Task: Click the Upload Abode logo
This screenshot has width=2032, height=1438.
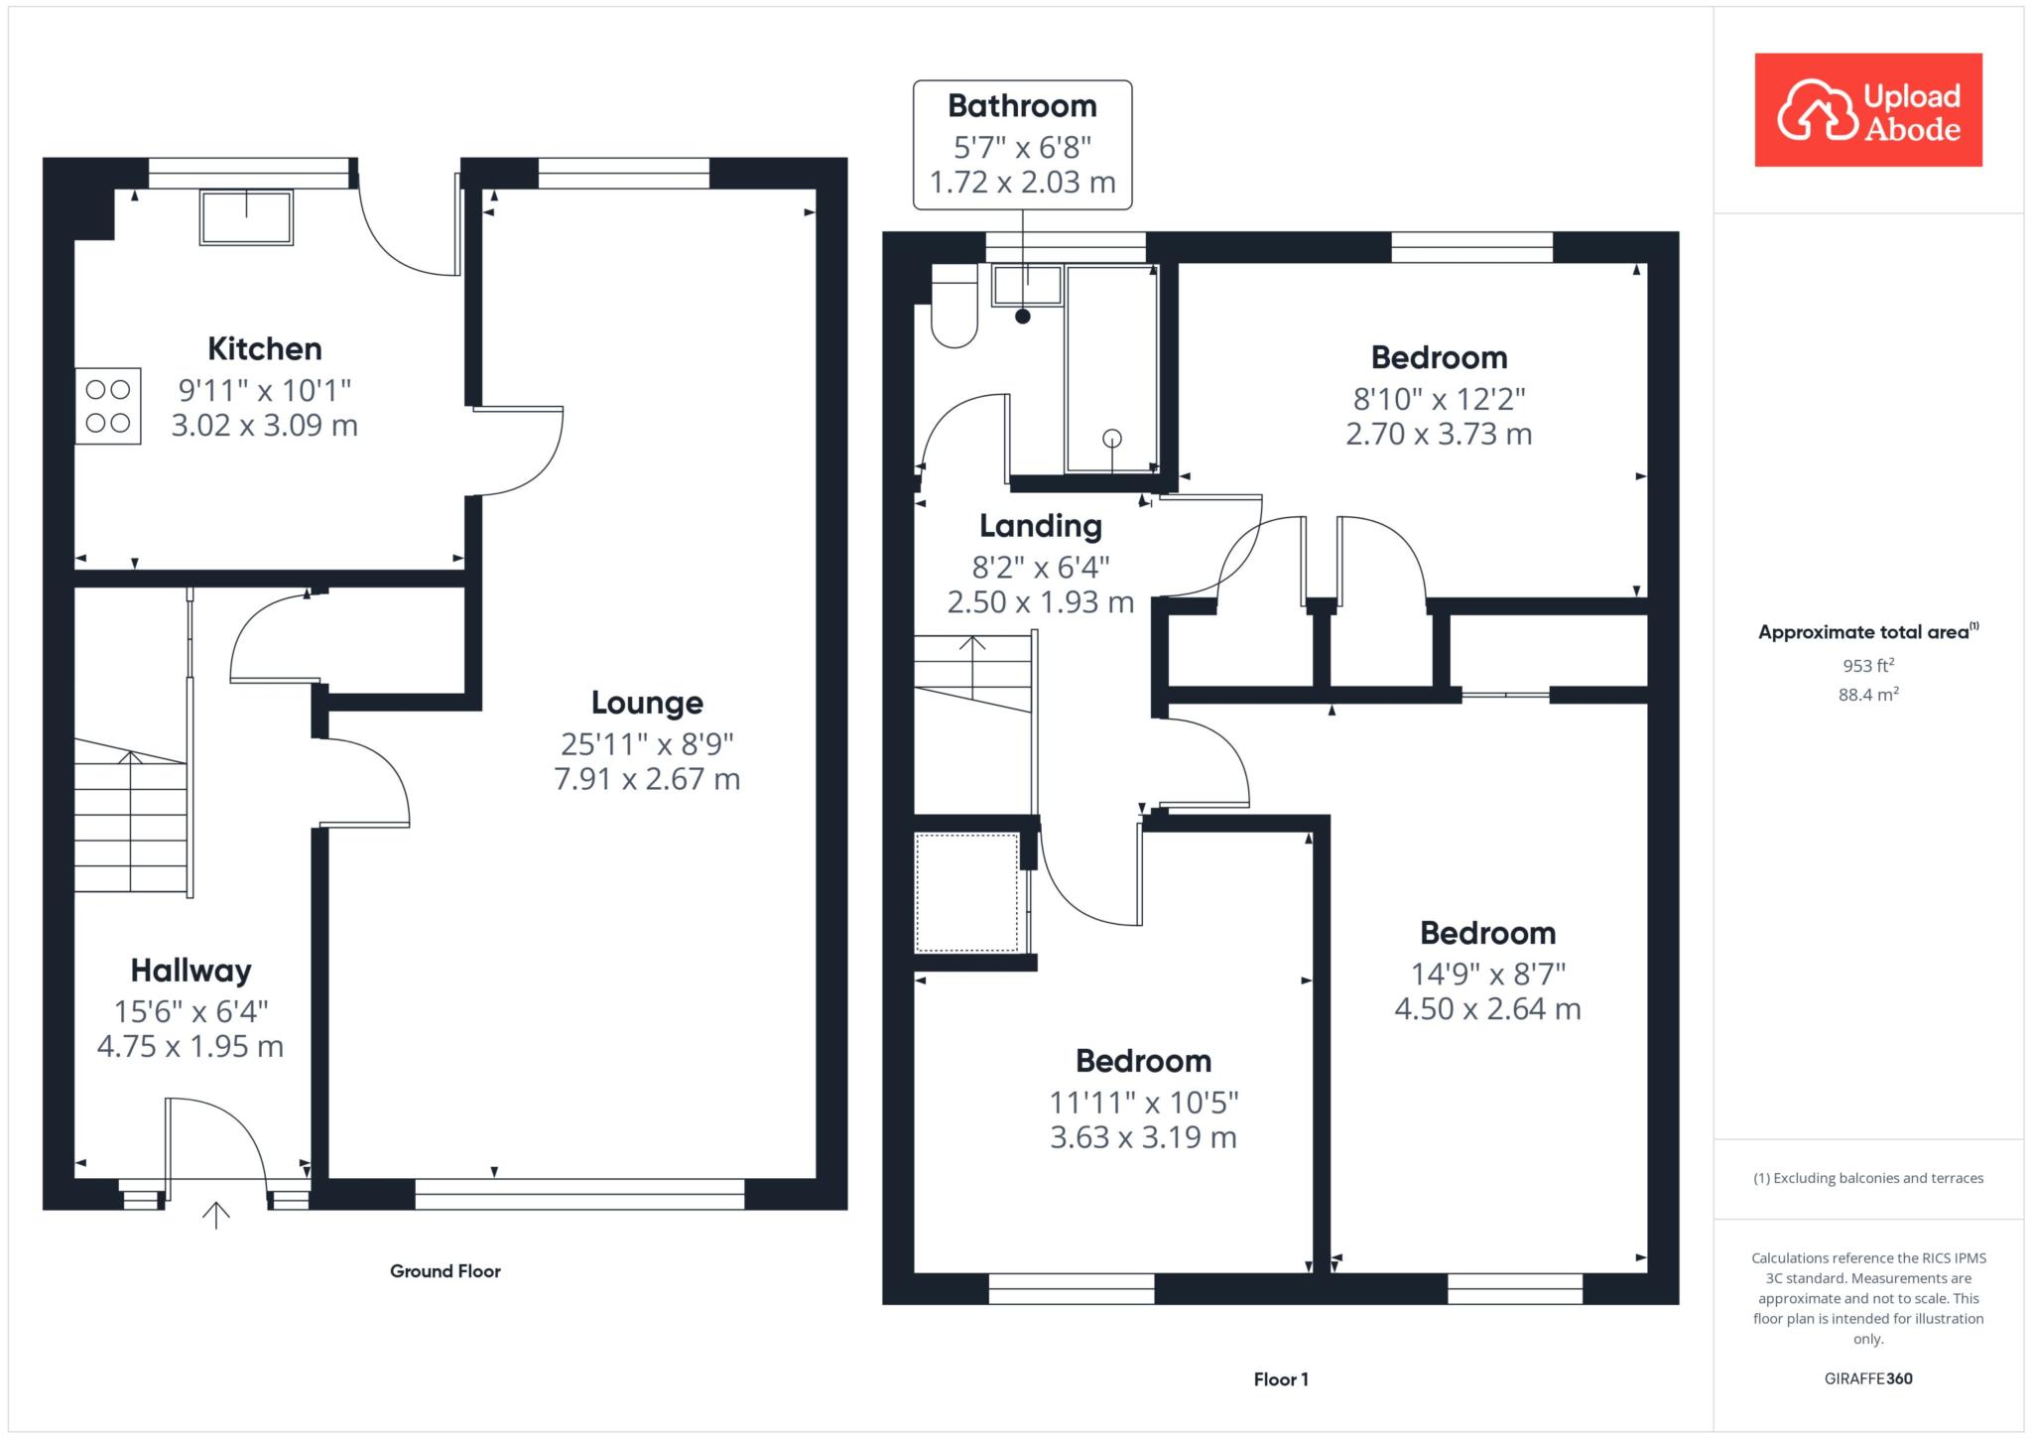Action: (x=1868, y=109)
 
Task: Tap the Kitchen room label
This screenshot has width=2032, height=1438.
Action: (x=265, y=348)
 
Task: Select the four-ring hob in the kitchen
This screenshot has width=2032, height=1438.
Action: (x=108, y=406)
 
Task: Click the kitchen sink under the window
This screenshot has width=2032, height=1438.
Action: (x=247, y=217)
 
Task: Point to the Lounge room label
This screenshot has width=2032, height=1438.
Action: (x=647, y=703)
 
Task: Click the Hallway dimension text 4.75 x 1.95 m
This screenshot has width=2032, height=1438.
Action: (x=190, y=1046)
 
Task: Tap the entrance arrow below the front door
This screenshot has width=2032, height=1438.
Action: (x=216, y=1216)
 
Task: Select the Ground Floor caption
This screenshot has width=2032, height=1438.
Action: (x=445, y=1271)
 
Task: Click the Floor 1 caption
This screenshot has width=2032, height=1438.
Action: (x=1281, y=1379)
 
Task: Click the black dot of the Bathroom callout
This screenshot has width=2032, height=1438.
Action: (x=1023, y=317)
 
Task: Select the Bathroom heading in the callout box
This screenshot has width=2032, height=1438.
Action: (x=1022, y=105)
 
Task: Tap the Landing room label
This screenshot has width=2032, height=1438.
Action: (x=1041, y=526)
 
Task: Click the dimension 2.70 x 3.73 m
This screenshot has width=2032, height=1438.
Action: (x=1439, y=434)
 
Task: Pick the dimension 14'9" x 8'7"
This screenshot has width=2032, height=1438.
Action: (x=1488, y=975)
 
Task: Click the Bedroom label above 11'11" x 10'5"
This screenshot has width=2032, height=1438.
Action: (x=1144, y=1061)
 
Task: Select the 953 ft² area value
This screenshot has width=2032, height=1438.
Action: (x=1868, y=665)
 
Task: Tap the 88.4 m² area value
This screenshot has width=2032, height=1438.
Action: (x=1868, y=695)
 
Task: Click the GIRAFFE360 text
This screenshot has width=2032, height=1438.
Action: (x=1868, y=1378)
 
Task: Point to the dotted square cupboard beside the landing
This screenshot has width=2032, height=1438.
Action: (x=967, y=893)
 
